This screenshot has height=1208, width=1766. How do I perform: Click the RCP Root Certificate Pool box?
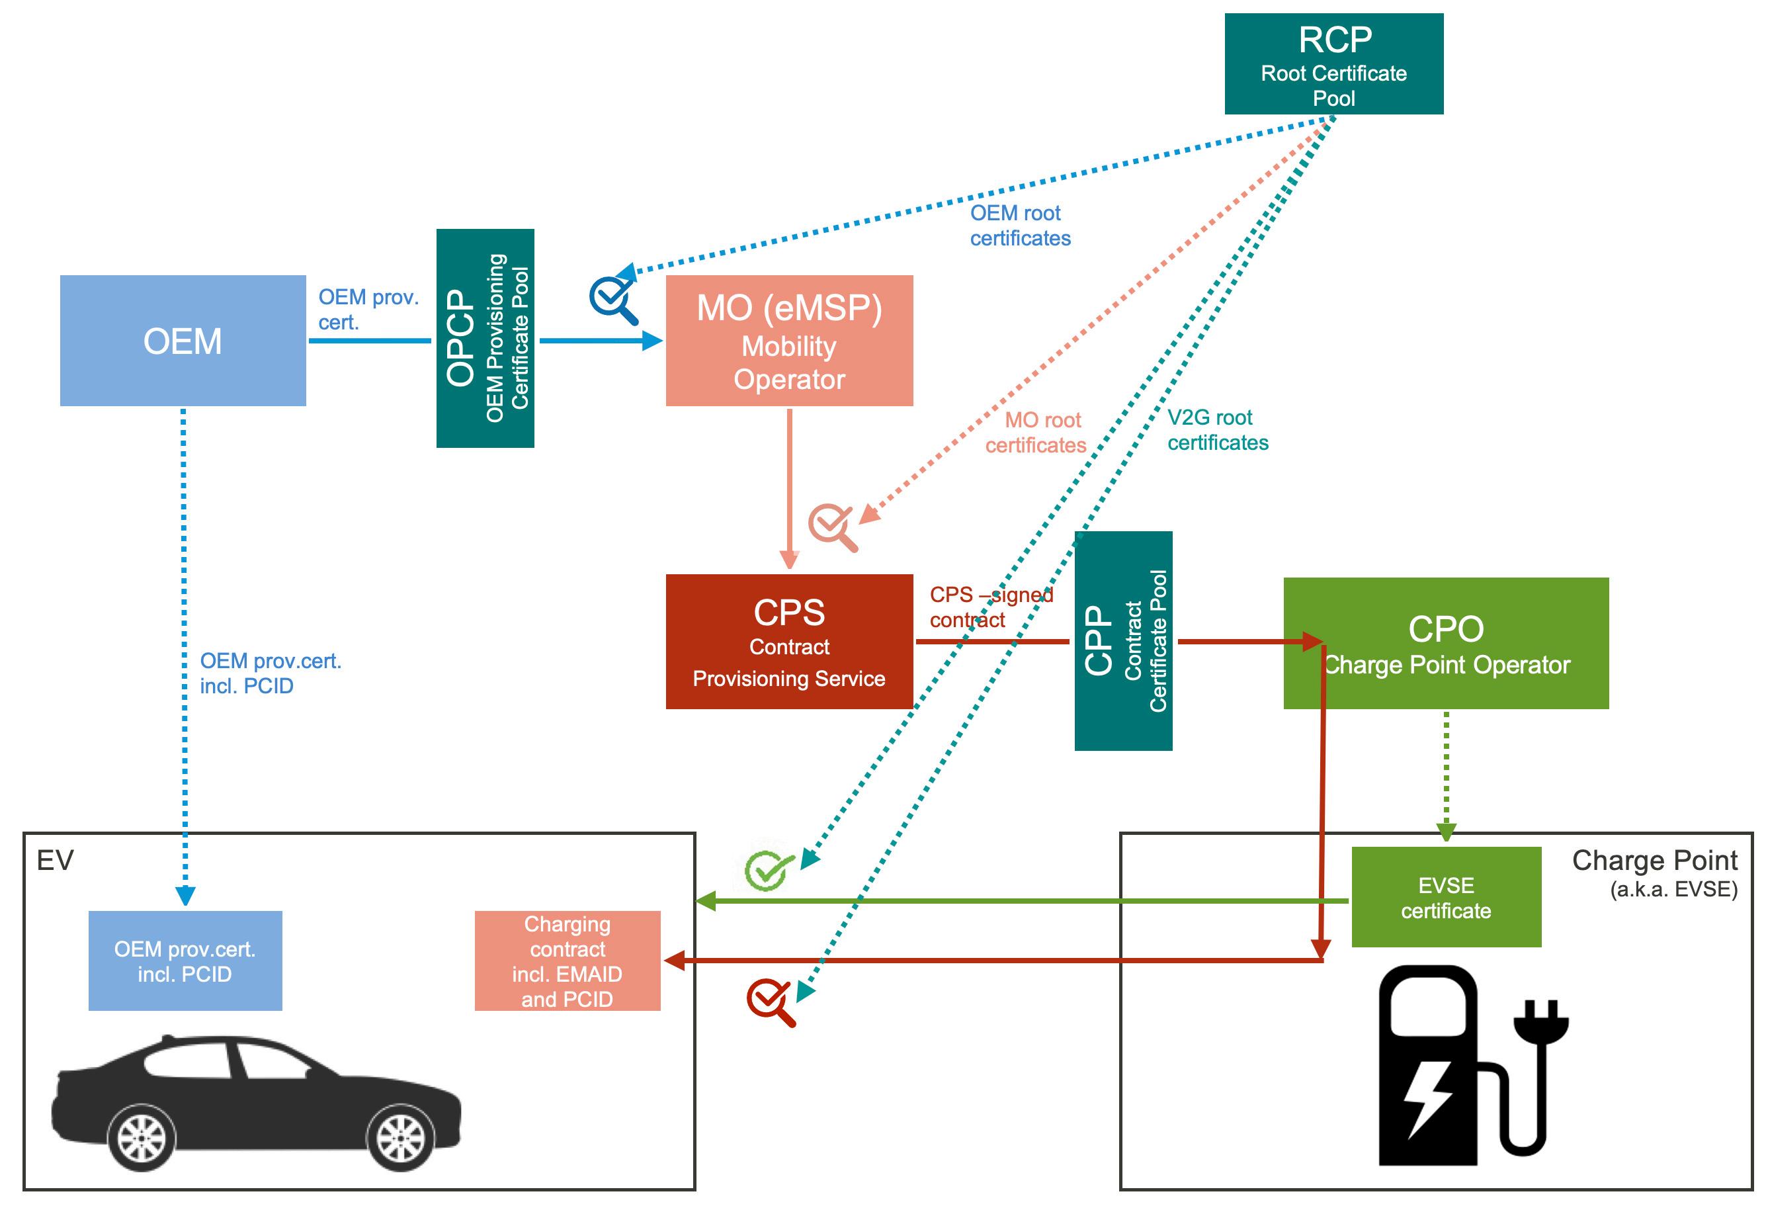1333,64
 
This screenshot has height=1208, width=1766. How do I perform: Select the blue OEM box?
183,341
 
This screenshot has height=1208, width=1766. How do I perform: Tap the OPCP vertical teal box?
485,338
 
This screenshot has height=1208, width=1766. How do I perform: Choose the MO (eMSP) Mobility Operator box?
789,341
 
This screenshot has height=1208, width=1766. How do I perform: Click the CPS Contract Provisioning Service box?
789,642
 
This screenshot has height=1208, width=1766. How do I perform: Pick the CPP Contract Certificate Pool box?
1122,641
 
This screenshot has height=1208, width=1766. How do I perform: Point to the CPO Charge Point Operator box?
1445,643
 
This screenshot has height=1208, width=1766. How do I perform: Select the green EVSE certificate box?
1445,897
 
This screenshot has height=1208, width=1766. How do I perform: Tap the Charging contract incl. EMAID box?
567,961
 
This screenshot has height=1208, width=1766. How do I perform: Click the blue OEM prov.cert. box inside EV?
185,961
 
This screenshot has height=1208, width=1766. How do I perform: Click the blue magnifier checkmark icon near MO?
612,299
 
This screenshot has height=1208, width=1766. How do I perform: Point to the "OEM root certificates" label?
1020,226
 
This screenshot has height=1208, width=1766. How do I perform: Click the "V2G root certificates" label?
1218,430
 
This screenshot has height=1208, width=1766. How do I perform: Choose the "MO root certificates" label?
1036,433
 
